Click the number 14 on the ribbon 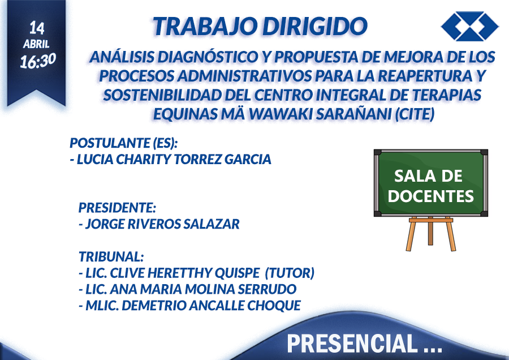click(x=37, y=28)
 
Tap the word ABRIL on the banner click(x=36, y=44)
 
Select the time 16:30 click(x=38, y=61)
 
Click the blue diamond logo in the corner click(x=470, y=26)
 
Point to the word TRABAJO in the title click(x=205, y=26)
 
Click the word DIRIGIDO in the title click(x=315, y=26)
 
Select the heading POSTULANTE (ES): click(x=124, y=143)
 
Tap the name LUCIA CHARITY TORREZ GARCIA click(x=174, y=159)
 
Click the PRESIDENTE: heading click(x=117, y=208)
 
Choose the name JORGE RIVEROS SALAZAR click(x=162, y=224)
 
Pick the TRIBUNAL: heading click(x=111, y=256)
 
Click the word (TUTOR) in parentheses click(x=290, y=273)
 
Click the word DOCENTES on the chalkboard click(x=431, y=196)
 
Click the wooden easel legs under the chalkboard click(x=430, y=234)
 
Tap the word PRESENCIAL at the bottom click(x=352, y=343)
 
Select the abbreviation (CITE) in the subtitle click(x=415, y=114)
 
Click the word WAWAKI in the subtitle click(x=281, y=114)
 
